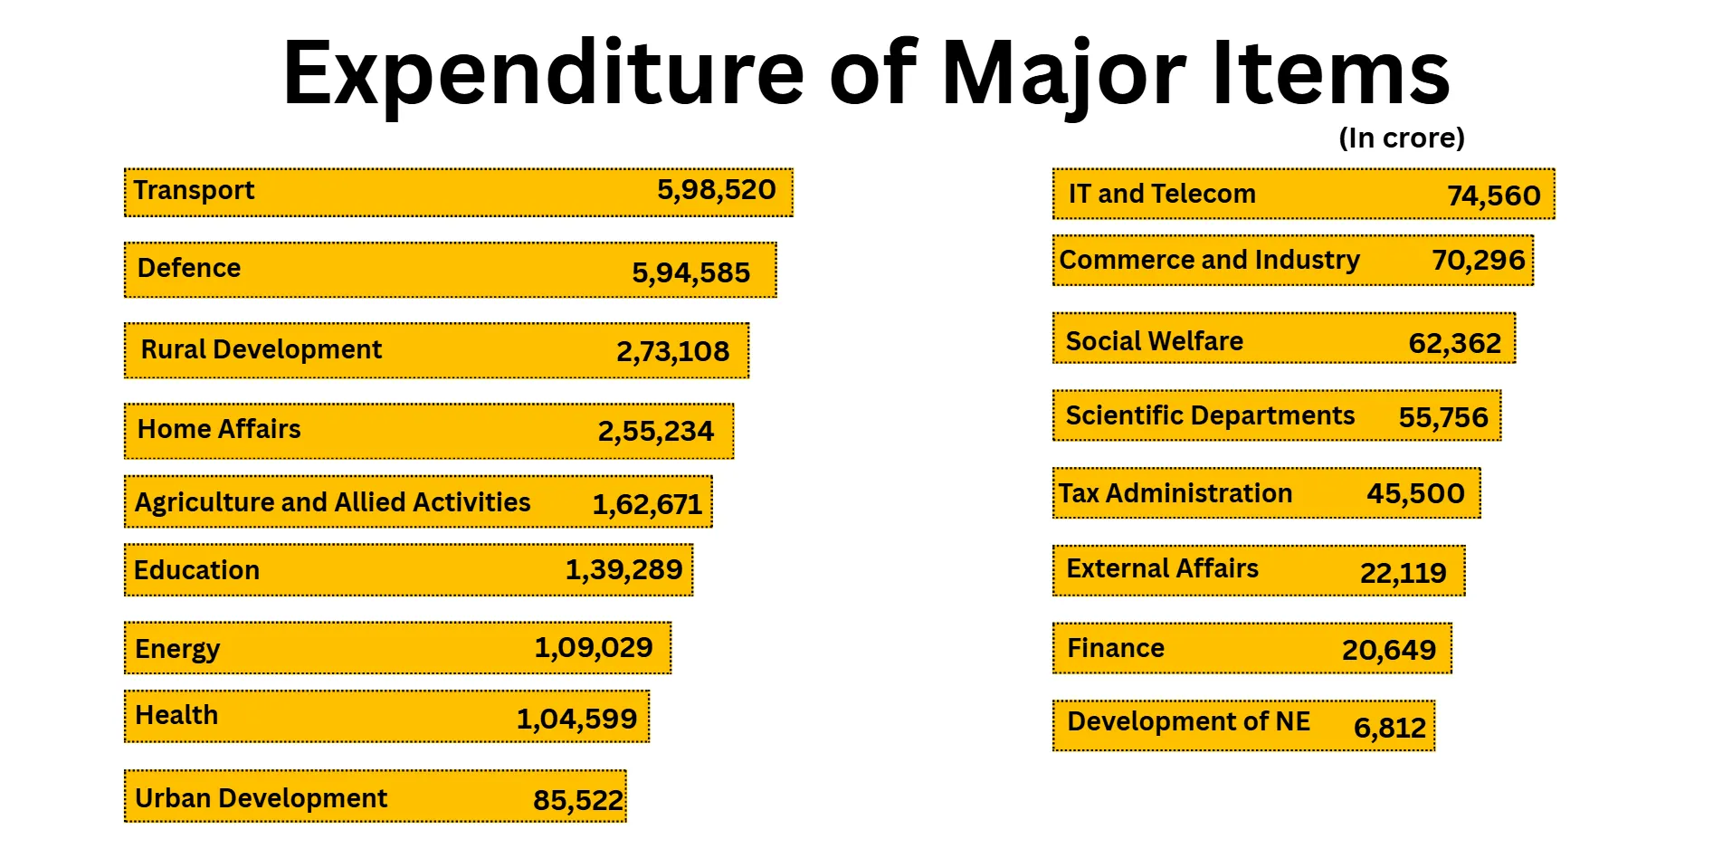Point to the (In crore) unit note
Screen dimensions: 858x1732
(1401, 138)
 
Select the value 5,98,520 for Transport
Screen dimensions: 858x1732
(716, 190)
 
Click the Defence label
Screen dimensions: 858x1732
(188, 268)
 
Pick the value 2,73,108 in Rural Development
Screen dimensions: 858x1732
(672, 351)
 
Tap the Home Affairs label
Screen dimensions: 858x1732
(218, 429)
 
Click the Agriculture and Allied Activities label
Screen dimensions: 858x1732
(332, 502)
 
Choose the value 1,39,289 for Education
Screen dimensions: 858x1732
(623, 570)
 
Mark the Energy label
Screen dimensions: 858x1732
(177, 649)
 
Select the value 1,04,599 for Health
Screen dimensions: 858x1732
(576, 720)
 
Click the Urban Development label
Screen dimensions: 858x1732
(261, 798)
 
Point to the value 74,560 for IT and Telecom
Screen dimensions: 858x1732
(1493, 195)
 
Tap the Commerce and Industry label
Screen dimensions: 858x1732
(1209, 260)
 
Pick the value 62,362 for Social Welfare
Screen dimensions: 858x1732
(1454, 343)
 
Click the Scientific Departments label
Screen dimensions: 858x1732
(1209, 415)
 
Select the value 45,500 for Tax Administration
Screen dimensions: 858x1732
(1415, 493)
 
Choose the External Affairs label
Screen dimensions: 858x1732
(1162, 568)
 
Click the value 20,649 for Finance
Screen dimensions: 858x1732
(1388, 650)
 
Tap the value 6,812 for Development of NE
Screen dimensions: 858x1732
(1389, 728)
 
